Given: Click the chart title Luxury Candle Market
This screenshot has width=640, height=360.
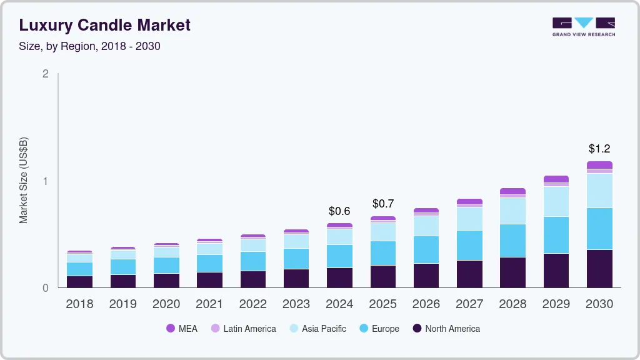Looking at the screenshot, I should point(105,25).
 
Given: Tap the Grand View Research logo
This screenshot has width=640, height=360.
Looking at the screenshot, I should point(583,27).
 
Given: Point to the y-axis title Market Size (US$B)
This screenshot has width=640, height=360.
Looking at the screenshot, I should point(23,180).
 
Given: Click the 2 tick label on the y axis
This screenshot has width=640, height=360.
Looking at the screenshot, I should point(45,74).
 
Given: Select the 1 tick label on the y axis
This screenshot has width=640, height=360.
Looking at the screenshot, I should point(45,181).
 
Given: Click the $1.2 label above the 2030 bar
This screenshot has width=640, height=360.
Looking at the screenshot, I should point(599,149).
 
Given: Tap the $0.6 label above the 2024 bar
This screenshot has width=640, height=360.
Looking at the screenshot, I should point(339,211).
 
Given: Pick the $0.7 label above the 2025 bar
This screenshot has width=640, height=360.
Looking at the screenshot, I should point(383,204).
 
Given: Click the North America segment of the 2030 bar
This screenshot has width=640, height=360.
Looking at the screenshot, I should point(599,269).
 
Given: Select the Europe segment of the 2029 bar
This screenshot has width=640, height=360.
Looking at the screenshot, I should point(556,235).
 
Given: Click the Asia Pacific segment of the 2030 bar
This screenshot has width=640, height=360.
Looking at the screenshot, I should point(599,191).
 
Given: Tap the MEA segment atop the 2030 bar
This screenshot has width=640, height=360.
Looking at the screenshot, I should point(599,165).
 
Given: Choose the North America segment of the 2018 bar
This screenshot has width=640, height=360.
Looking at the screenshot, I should point(79,282).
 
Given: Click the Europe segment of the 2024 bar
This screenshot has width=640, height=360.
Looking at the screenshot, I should point(339,256).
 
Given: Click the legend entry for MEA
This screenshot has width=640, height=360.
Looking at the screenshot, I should point(181,329).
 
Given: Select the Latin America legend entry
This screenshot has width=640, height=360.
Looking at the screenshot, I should point(243,329).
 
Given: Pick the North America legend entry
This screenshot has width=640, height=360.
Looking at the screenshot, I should point(446,329).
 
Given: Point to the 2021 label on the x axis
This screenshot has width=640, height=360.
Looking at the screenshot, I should point(209,304).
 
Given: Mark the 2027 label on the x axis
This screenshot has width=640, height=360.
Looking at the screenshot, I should point(469,304).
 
